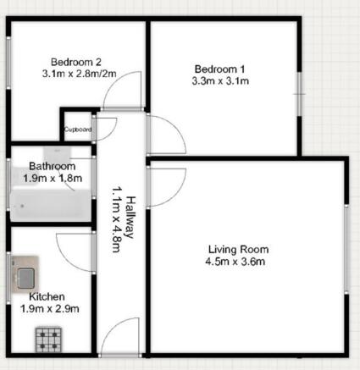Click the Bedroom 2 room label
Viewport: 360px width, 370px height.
tap(76, 62)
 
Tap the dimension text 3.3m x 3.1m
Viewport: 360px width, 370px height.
tap(220, 81)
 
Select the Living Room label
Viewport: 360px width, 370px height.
tap(238, 250)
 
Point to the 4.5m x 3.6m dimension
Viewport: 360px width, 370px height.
tap(235, 262)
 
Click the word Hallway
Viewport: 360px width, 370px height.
tap(130, 218)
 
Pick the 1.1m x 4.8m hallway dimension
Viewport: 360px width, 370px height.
tap(117, 219)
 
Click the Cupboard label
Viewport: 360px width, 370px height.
tap(78, 130)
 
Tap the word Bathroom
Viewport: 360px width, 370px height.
tap(53, 166)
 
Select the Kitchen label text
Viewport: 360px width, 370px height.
tap(47, 296)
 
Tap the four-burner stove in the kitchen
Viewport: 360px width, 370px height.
tap(48, 340)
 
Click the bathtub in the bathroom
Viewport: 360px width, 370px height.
tap(50, 206)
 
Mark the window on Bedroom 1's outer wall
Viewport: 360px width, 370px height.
tap(300, 94)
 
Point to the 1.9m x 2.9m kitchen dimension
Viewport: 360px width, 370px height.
tap(50, 309)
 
